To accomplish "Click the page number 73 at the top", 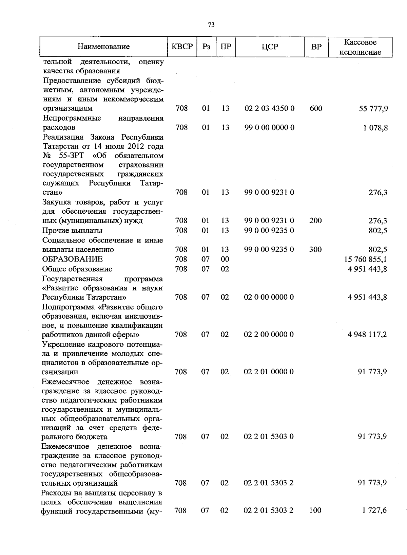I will tap(211, 25).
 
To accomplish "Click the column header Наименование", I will tap(103, 47).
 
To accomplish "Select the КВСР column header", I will tap(182, 47).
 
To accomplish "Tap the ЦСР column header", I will tap(270, 47).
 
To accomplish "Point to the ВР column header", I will tap(316, 47).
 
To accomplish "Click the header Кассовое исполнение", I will tap(360, 47).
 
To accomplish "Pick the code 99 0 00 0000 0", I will tap(269, 127).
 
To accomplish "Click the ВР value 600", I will tap(316, 108).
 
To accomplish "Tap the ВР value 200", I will tap(315, 220).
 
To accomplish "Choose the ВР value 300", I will tap(315, 249).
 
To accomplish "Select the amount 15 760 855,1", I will tap(365, 259).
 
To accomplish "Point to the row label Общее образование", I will tap(77, 269).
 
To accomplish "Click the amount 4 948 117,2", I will tap(367, 335).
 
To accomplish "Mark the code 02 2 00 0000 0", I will tap(269, 335).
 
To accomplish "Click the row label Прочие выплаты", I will tap(72, 230).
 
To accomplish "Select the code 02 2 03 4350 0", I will tap(269, 108).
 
